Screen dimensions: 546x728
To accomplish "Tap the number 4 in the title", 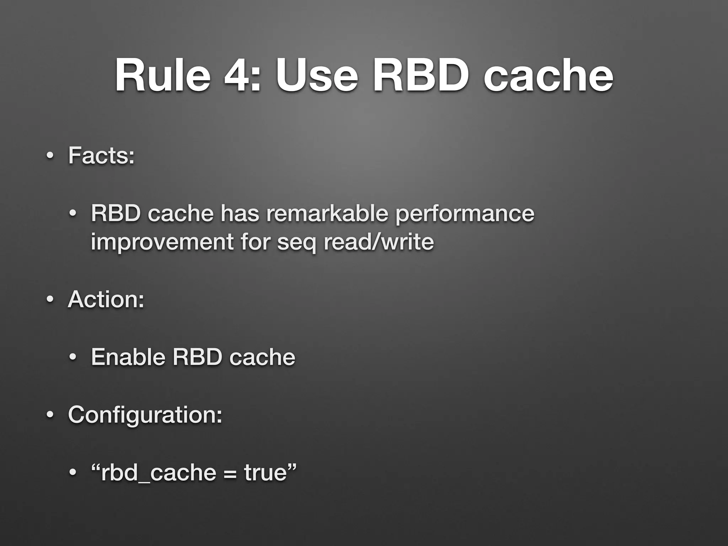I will [242, 76].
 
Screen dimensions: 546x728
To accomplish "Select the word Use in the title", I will [317, 76].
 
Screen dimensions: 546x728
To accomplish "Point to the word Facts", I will [101, 155].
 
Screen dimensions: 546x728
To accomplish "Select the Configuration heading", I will [145, 414].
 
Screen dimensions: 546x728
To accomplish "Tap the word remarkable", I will [327, 213].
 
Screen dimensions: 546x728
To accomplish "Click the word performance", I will [465, 214].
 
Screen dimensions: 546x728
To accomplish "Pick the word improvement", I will [162, 242].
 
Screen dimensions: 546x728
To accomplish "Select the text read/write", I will [379, 242].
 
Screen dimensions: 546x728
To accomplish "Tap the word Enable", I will [128, 357].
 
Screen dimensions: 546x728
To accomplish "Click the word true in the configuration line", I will [265, 472].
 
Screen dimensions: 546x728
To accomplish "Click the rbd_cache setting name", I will [159, 473].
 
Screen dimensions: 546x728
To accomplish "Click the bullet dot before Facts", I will [50, 156].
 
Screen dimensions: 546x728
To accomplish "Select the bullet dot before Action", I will [50, 300].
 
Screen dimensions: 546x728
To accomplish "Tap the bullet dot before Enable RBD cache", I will [73, 358].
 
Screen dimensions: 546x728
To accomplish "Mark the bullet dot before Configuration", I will [50, 415].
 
